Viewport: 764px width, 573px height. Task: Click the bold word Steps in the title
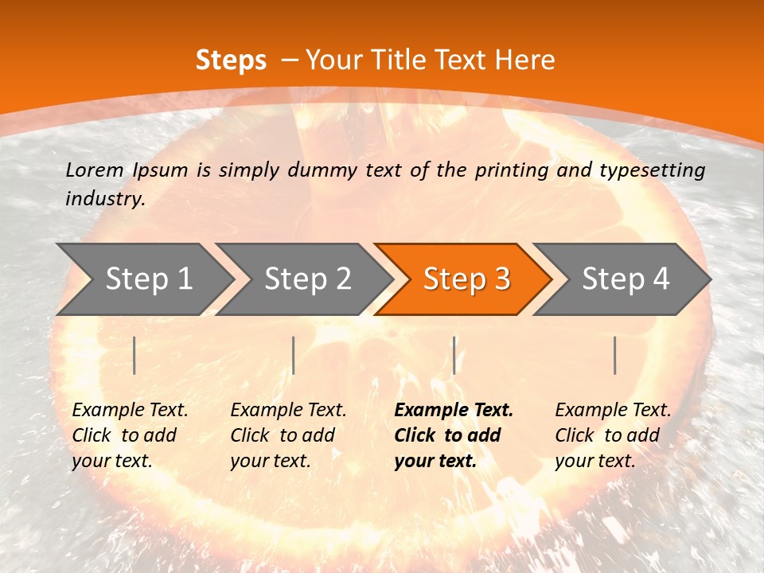[231, 60]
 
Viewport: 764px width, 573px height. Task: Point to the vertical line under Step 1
[134, 355]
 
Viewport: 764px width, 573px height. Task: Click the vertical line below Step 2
[294, 355]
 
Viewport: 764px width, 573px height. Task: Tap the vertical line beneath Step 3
[454, 355]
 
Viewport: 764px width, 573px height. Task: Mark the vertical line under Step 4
[614, 355]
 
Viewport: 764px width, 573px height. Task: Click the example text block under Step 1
[130, 435]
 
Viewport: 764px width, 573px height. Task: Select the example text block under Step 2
[288, 435]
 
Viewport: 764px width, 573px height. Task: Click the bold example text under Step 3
[454, 435]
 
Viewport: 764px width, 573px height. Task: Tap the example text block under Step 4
[613, 435]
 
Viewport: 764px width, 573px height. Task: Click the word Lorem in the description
[94, 170]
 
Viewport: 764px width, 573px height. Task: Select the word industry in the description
[104, 199]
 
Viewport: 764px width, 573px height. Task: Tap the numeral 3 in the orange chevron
[501, 279]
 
